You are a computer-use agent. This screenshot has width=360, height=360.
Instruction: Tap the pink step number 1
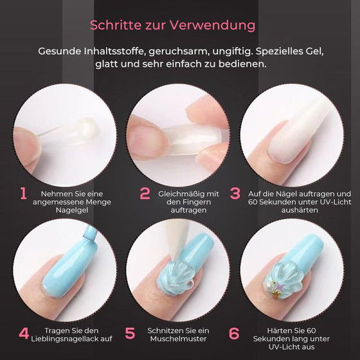23,194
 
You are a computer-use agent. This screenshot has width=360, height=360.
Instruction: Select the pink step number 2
145,194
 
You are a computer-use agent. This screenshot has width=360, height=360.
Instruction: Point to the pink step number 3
235,194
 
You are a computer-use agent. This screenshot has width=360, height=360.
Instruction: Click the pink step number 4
23,333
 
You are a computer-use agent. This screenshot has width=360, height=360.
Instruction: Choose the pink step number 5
130,333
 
